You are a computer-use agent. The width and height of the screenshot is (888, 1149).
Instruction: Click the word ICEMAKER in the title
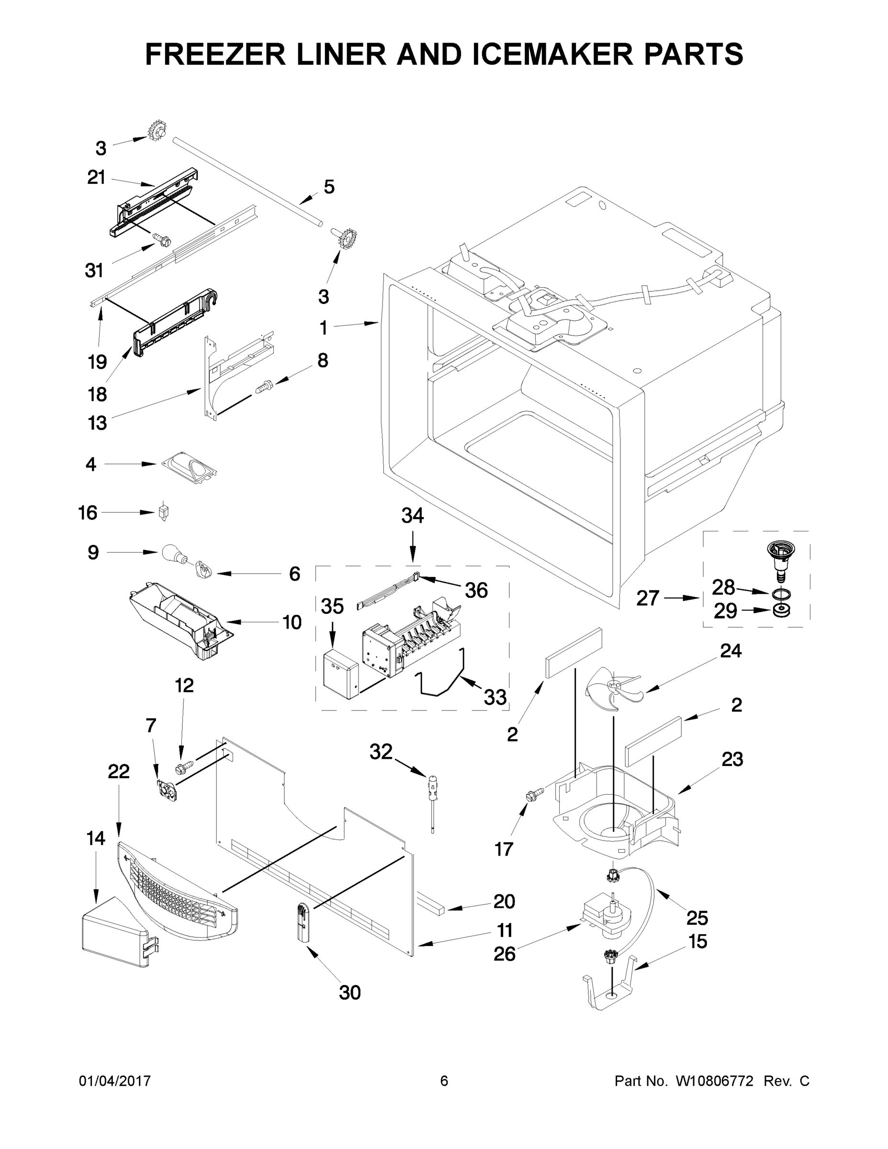click(x=552, y=54)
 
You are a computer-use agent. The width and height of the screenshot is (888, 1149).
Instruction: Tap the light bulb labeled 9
click(x=173, y=553)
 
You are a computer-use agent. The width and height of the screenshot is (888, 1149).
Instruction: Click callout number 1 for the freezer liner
click(x=324, y=328)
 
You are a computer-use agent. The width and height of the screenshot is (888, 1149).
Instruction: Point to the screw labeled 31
click(x=160, y=240)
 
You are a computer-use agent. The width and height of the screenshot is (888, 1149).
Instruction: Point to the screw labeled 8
click(x=263, y=388)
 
